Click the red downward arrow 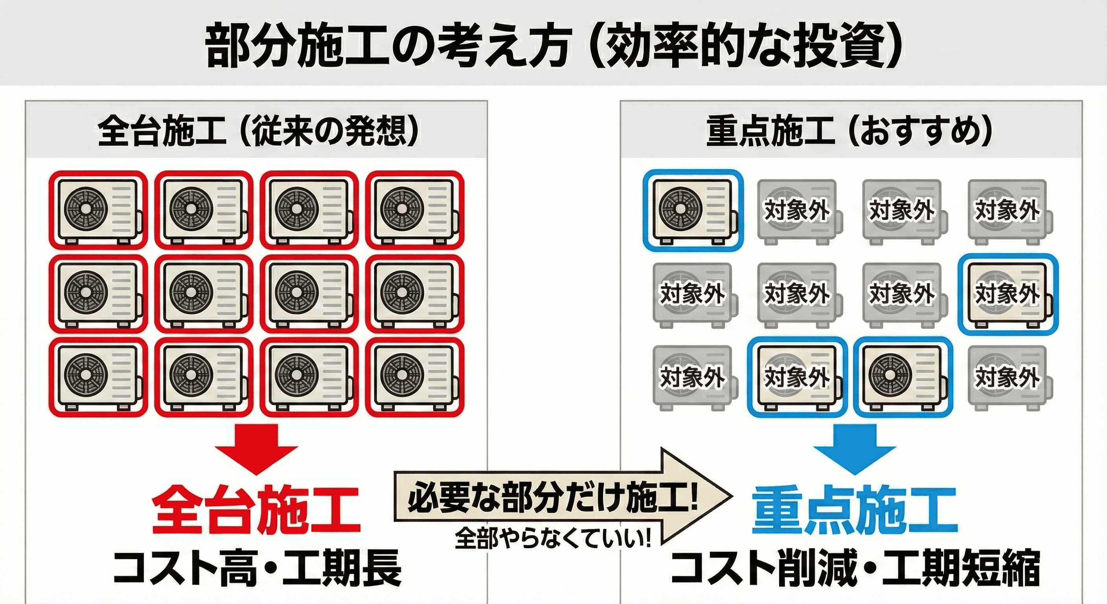coord(257,451)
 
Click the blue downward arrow coord(854,451)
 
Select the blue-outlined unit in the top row coord(693,211)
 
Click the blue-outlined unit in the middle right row coord(1008,295)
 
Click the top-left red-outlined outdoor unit coord(98,211)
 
